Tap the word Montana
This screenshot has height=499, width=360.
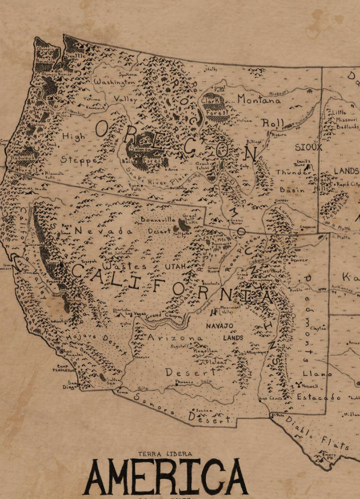click(x=259, y=99)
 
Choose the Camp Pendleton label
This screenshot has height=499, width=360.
click(x=66, y=368)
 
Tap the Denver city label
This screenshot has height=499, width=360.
click(x=299, y=260)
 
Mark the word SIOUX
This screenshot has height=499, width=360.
click(x=308, y=147)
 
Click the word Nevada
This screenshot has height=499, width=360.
click(x=104, y=231)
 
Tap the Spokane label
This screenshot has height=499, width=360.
click(x=128, y=74)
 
